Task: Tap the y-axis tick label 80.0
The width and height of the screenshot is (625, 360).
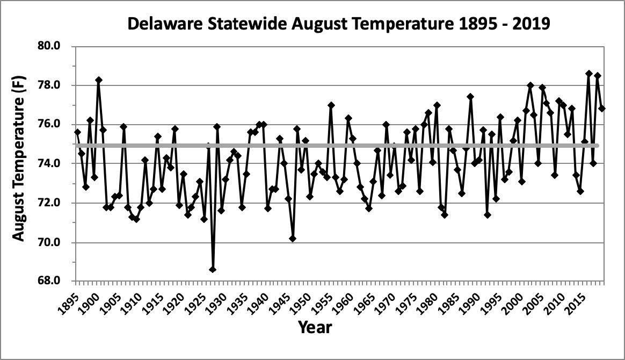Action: pyautogui.click(x=56, y=46)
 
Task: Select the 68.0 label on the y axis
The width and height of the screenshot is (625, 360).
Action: pyautogui.click(x=56, y=281)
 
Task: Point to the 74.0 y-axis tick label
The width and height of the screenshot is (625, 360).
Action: pyautogui.click(x=56, y=164)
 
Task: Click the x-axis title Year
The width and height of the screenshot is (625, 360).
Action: pyautogui.click(x=315, y=327)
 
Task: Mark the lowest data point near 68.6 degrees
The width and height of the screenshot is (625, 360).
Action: pyautogui.click(x=213, y=269)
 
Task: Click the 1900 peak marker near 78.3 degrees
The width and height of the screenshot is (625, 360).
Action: pyautogui.click(x=99, y=80)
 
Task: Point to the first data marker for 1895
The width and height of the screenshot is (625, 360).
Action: pyautogui.click(x=77, y=132)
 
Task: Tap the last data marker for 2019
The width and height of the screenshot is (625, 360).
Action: pyautogui.click(x=602, y=108)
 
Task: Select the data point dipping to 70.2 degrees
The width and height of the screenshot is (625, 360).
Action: pyautogui.click(x=293, y=238)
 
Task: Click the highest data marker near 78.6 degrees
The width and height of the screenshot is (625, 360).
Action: pyautogui.click(x=589, y=74)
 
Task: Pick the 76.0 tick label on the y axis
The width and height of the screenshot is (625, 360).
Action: pyautogui.click(x=56, y=125)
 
